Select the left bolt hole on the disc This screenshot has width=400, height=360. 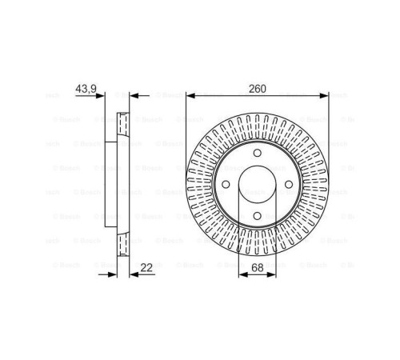(226, 186)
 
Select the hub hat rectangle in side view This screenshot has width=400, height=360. (111, 185)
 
